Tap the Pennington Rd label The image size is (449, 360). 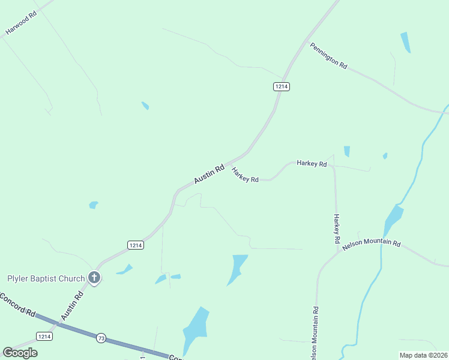coord(328,56)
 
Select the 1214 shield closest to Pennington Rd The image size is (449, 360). coord(282,86)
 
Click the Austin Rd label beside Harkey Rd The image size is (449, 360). coord(209,174)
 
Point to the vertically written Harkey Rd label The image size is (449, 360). coord(337,229)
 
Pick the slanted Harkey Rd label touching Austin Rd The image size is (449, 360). coord(245,175)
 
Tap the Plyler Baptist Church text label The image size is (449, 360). coord(46,278)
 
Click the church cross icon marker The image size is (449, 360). coord(94,277)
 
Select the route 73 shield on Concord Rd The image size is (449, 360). coord(100,338)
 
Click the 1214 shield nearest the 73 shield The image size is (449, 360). coord(44,336)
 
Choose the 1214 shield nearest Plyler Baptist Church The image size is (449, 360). coord(136,245)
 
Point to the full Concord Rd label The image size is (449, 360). coord(18,304)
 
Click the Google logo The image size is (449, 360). coord(20,352)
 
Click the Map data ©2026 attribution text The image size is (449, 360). coord(424,355)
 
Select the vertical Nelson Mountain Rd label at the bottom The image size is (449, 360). coord(315,333)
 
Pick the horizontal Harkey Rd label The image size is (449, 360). coord(312,164)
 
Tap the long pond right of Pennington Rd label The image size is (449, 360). coord(406,42)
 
